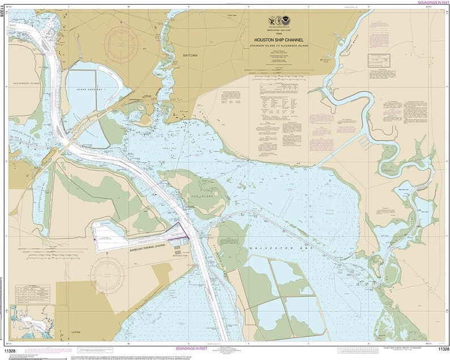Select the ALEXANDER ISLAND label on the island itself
25,83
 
